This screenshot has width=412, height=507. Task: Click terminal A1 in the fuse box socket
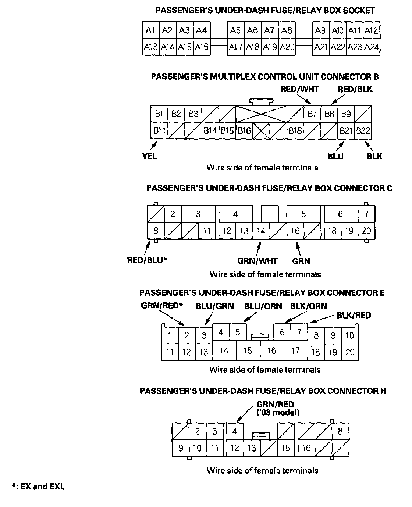[x=150, y=30]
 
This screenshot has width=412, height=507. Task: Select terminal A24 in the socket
[x=372, y=47]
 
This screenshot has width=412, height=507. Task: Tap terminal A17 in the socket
[x=235, y=47]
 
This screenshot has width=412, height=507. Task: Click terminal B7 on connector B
[x=312, y=114]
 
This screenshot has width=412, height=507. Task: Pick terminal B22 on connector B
[x=363, y=130]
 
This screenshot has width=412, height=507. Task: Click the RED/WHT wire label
[x=299, y=89]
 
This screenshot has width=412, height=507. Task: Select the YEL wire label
[x=150, y=156]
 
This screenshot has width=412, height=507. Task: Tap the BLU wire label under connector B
[x=335, y=157]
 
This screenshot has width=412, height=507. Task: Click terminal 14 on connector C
[x=261, y=231]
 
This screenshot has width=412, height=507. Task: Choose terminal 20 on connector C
[x=366, y=231]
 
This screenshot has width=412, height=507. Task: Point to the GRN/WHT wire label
[x=257, y=261]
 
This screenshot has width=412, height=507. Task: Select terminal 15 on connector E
[x=248, y=350]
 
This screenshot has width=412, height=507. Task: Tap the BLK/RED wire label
[x=354, y=315]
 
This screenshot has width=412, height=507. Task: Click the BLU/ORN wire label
[x=263, y=306]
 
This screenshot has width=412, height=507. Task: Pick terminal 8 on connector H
[x=340, y=431]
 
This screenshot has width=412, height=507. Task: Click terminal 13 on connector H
[x=252, y=448]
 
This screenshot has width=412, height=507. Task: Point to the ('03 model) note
[x=278, y=413]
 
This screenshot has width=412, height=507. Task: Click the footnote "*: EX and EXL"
[x=38, y=487]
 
